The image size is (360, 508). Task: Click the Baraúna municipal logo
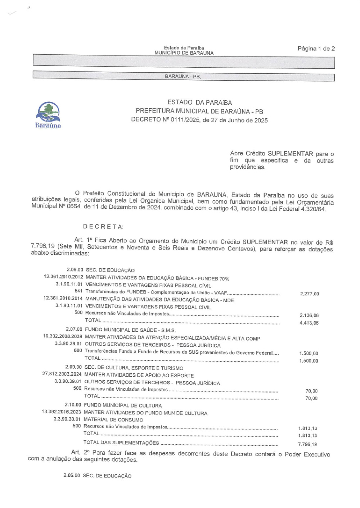pos(48,115)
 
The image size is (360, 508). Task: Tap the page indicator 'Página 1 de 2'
pos(316,49)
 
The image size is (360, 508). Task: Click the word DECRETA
pos(103,227)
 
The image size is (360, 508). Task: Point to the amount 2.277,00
pos(309,294)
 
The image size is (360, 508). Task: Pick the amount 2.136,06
pos(309,316)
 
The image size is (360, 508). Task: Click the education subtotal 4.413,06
pos(309,323)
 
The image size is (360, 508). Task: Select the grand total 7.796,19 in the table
pos(307,444)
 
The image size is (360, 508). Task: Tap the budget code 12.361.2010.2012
pos(63,277)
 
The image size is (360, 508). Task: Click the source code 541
pos(78,291)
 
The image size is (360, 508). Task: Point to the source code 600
pos(77,350)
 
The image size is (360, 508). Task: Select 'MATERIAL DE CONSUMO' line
pos(113,419)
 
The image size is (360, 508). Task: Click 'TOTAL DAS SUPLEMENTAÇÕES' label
pos(121,443)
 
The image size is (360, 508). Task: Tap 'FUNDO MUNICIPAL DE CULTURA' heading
pos(122,405)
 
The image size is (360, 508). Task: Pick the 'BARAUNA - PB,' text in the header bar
pos(183,77)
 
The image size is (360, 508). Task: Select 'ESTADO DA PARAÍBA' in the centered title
pos(199,103)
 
